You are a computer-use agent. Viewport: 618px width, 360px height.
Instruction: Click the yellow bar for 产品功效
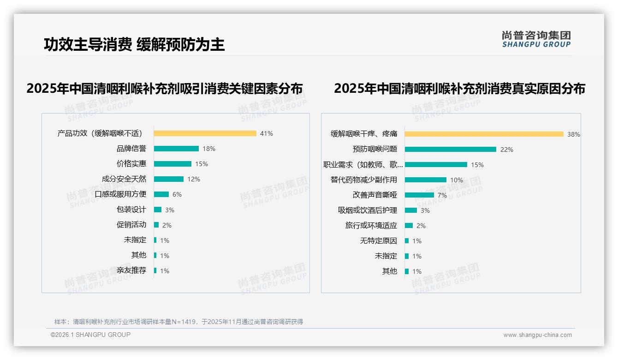pyautogui.click(x=205, y=133)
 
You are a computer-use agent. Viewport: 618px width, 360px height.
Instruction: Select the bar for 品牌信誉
pyautogui.click(x=176, y=149)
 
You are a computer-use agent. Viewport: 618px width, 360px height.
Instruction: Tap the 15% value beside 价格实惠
pyautogui.click(x=202, y=164)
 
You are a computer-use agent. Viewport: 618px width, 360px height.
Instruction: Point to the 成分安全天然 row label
pyautogui.click(x=124, y=179)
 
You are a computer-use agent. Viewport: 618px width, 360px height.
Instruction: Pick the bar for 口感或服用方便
pyautogui.click(x=161, y=194)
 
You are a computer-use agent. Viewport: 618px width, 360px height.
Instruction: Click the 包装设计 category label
pyautogui.click(x=131, y=210)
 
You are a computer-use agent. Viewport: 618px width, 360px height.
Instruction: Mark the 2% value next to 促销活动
pyautogui.click(x=166, y=225)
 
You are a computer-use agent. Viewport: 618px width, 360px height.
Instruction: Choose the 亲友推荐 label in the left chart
pyautogui.click(x=131, y=270)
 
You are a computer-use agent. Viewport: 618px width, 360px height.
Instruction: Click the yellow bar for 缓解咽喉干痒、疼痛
pyautogui.click(x=484, y=134)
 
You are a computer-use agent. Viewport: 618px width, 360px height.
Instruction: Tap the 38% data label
pyautogui.click(x=573, y=135)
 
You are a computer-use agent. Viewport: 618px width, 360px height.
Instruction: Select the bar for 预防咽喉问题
pyautogui.click(x=450, y=150)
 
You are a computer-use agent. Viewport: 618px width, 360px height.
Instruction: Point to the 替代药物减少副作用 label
pyautogui.click(x=363, y=180)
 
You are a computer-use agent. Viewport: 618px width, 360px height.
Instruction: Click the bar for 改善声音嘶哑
pyautogui.click(x=419, y=195)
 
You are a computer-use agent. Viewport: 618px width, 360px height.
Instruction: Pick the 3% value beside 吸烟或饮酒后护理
pyautogui.click(x=425, y=210)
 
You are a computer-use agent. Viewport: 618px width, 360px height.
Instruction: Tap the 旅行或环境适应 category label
pyautogui.click(x=371, y=226)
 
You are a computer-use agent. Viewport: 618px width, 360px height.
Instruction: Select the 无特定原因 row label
pyautogui.click(x=378, y=241)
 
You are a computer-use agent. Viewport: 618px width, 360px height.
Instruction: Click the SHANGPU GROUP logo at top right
pyautogui.click(x=536, y=39)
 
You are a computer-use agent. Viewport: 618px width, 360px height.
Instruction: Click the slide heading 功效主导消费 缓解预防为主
pyautogui.click(x=134, y=45)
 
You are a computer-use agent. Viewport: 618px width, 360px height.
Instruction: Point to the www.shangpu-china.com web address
pyautogui.click(x=537, y=335)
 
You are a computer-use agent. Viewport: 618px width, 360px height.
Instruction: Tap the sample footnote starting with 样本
pyautogui.click(x=178, y=322)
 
